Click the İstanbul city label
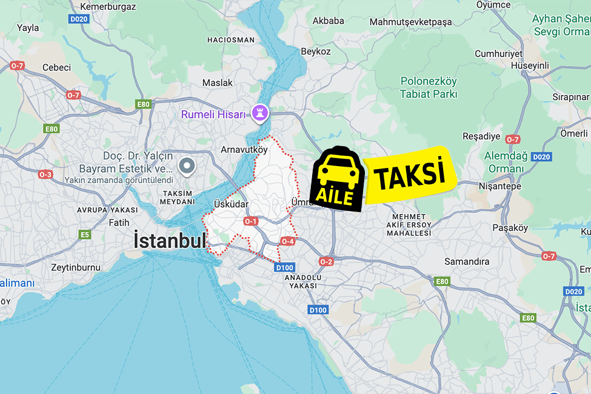tap(170, 241)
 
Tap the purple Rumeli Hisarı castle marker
tap(262, 113)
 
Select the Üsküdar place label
tap(231, 204)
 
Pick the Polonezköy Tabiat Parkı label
tap(429, 87)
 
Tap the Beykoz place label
tap(316, 52)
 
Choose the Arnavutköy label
tap(244, 149)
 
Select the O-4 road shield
tap(287, 242)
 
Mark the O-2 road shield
tap(326, 261)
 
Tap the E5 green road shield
tap(84, 235)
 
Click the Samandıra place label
tap(467, 261)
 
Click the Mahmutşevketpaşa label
tap(411, 22)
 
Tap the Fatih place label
tap(119, 222)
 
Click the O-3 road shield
tap(45, 175)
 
